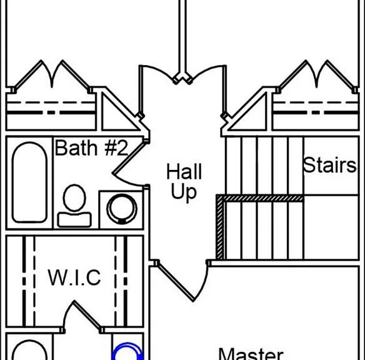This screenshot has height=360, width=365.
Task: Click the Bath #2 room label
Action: [x=91, y=147]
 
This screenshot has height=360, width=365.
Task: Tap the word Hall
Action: [x=184, y=171]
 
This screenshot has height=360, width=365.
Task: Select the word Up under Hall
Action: [x=184, y=192]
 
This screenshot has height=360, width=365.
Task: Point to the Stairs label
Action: [x=329, y=165]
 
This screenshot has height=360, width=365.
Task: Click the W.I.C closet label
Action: [x=74, y=277]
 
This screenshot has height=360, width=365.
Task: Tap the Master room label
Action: [x=251, y=354]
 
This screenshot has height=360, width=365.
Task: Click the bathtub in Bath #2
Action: [x=29, y=182]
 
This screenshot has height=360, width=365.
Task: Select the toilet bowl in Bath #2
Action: [x=74, y=197]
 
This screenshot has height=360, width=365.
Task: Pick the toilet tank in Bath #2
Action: [x=74, y=219]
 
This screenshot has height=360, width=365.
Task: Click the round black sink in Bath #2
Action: [x=122, y=209]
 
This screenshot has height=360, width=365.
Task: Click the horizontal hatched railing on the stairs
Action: [x=260, y=198]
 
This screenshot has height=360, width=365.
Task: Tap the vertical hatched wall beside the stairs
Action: [x=220, y=227]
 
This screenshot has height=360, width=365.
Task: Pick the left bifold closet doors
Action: [x=52, y=76]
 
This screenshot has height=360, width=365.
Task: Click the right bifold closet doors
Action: [x=317, y=76]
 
